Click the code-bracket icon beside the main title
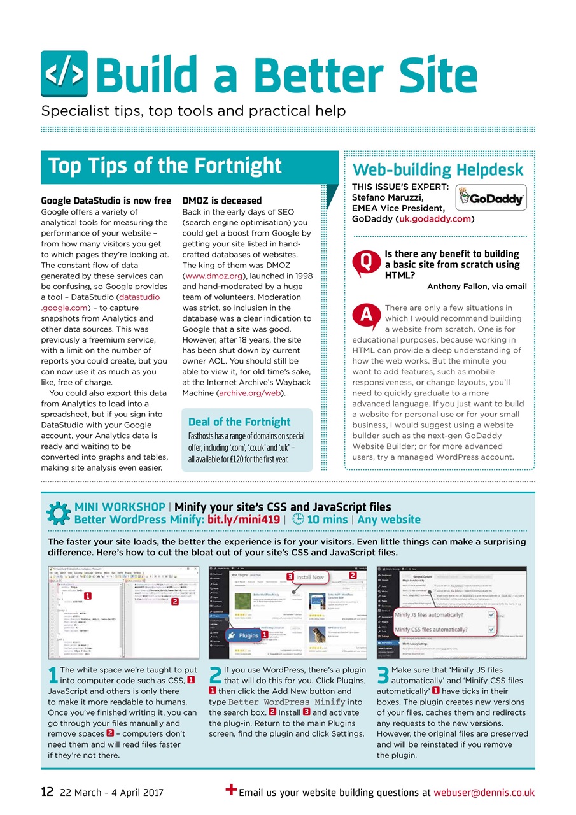pos(64,74)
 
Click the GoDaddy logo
pos(491,198)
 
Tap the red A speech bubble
pos(365,315)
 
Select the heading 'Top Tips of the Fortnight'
pos(165,166)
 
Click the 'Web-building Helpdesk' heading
pos(438,169)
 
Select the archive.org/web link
pos(251,393)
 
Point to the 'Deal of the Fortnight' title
pos(239,422)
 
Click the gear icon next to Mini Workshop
pos(58,513)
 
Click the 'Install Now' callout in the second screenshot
pos(309,577)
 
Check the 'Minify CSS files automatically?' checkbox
pos(491,630)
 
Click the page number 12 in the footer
pos(46,792)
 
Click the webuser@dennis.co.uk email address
pos(484,793)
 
